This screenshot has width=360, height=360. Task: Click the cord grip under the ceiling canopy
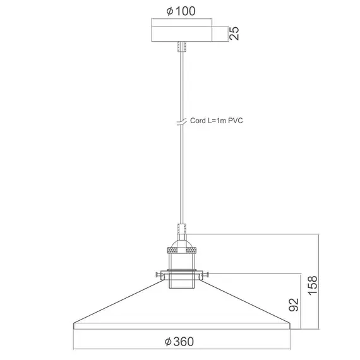[x=181, y=47]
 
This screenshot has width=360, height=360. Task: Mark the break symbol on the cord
[x=181, y=121]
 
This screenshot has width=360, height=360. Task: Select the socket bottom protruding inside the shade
[x=181, y=285]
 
